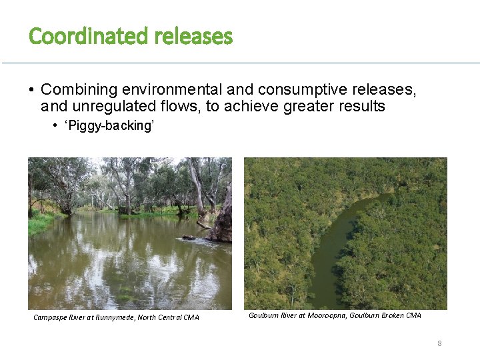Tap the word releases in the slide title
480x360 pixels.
[193, 36]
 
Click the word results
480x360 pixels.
[361, 106]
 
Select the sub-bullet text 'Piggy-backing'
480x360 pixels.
[109, 126]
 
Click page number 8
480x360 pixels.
[439, 343]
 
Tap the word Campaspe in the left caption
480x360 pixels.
[51, 317]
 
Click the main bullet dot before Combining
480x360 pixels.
[31, 89]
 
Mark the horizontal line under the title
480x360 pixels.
[240, 63]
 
